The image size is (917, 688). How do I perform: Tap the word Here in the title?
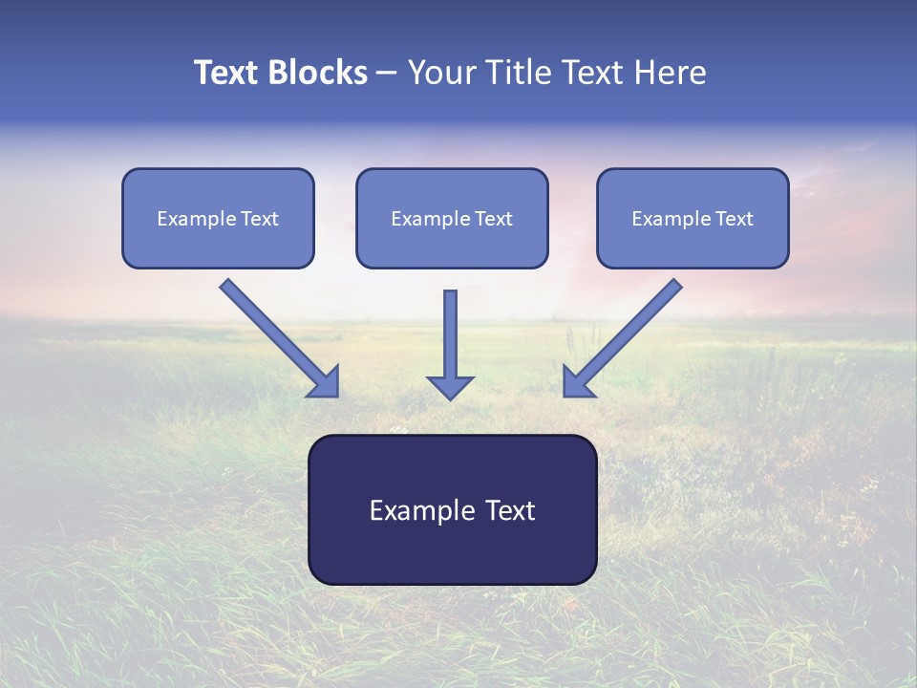pyautogui.click(x=671, y=73)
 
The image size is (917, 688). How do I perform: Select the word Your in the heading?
pyautogui.click(x=440, y=73)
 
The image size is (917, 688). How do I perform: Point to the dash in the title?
pyautogui.click(x=387, y=74)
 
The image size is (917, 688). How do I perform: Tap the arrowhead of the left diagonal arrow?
pyautogui.click(x=325, y=382)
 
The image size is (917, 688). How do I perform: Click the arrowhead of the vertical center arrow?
pyautogui.click(x=450, y=387)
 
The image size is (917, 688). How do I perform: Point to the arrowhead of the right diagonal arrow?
pyautogui.click(x=577, y=382)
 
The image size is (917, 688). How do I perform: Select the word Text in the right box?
pyautogui.click(x=735, y=219)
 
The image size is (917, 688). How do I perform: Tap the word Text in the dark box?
pyautogui.click(x=510, y=510)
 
